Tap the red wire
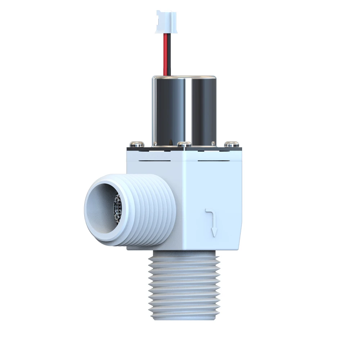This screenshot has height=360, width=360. click(x=165, y=54)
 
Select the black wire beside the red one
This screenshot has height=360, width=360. click(x=169, y=54)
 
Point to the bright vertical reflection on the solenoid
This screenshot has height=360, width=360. click(x=186, y=108)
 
